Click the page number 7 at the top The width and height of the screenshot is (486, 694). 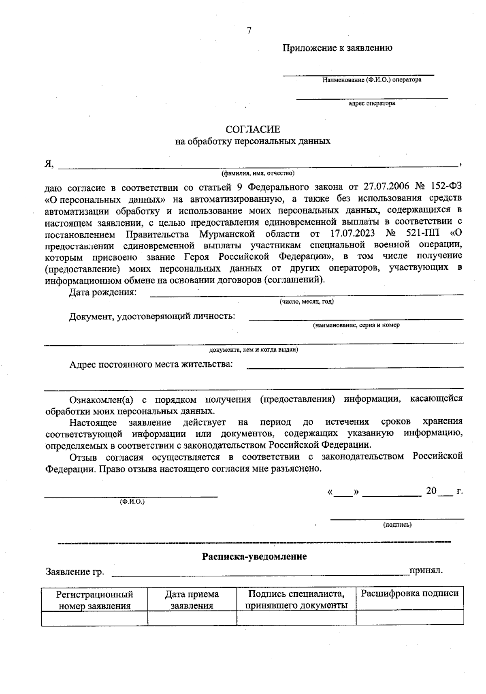[x=249, y=31]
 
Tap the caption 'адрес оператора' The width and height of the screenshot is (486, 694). [x=372, y=103]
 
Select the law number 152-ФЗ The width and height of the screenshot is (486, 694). [x=444, y=187]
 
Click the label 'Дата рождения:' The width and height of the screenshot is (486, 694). [x=102, y=292]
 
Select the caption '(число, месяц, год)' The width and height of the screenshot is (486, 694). [x=306, y=302]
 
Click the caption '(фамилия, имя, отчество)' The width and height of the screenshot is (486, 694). [x=258, y=173]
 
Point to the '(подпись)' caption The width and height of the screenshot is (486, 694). [x=397, y=525]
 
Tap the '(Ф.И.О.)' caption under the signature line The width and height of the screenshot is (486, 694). [x=132, y=502]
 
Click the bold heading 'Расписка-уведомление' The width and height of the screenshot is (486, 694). [x=254, y=556]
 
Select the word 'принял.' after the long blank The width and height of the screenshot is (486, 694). [x=426, y=571]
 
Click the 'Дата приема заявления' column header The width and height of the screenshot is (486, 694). [x=192, y=600]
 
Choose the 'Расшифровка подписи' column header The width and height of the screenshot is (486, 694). [x=409, y=594]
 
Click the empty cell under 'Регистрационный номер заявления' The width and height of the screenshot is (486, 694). [x=94, y=618]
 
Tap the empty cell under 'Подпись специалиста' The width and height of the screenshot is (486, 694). [x=296, y=618]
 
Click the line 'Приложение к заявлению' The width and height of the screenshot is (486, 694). [x=337, y=48]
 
